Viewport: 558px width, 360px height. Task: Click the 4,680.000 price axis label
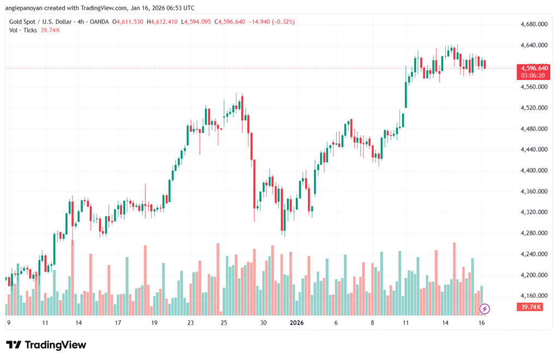pyautogui.click(x=530, y=25)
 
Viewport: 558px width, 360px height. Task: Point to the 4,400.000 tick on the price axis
pyautogui.click(x=530, y=170)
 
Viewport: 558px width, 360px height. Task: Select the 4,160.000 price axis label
pyautogui.click(x=530, y=296)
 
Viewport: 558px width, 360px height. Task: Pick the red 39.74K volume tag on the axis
pyautogui.click(x=528, y=308)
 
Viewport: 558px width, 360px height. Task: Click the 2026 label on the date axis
pyautogui.click(x=296, y=322)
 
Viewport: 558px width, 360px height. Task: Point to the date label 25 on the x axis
pyautogui.click(x=223, y=322)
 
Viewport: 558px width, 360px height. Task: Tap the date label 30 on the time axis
pyautogui.click(x=263, y=322)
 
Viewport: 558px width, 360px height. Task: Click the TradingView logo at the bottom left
pyautogui.click(x=46, y=345)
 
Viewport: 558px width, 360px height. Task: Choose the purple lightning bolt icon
pyautogui.click(x=484, y=309)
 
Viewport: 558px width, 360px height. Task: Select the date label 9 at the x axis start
pyautogui.click(x=8, y=322)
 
